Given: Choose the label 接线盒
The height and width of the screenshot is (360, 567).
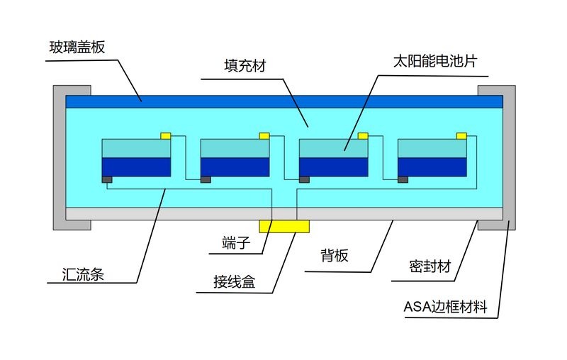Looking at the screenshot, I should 234,283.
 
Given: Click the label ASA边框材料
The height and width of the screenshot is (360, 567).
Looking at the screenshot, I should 450,308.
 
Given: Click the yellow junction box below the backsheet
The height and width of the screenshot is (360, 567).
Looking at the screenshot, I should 284,225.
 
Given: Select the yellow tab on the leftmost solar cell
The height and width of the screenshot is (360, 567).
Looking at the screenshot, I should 166,135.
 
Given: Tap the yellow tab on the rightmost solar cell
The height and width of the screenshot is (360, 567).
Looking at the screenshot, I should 461,135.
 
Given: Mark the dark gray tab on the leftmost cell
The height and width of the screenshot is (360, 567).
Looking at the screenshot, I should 107,179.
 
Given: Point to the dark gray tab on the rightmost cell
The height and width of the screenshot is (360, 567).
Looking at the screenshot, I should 403,179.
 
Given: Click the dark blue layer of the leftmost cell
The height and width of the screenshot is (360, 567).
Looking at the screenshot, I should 137,167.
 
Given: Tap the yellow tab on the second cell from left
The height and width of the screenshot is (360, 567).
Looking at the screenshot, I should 264,135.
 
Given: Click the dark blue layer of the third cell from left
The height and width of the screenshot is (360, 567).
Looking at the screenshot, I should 334,167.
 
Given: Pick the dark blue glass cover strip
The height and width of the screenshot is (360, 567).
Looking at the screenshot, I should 284,101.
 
